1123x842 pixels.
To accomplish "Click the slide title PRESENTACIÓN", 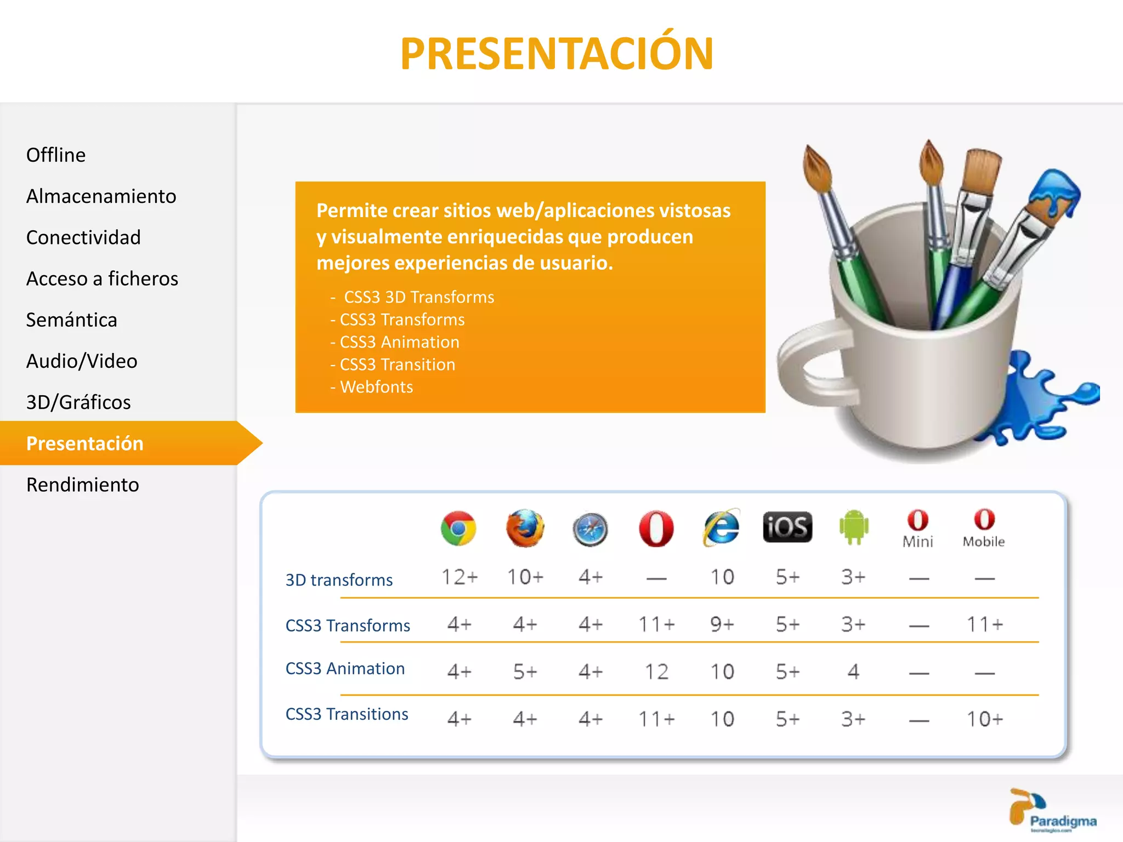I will [x=557, y=54].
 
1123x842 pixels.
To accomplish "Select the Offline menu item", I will [x=56, y=155].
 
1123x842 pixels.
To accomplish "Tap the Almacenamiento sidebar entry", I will [x=101, y=196].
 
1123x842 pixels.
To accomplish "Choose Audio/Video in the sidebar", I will [x=82, y=361].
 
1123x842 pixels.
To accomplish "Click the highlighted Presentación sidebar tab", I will [x=85, y=443].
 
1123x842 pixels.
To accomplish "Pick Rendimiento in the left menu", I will [x=82, y=485].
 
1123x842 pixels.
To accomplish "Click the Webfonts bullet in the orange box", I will [x=376, y=387].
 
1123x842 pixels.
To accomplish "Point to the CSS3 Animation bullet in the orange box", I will [x=399, y=342].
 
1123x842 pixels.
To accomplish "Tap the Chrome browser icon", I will [x=458, y=528].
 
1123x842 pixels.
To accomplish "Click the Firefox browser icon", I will [x=525, y=528].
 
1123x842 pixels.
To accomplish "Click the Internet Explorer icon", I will [x=721, y=528].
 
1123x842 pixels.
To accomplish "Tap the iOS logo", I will [x=787, y=527].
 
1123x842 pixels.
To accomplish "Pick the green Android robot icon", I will [x=854, y=527].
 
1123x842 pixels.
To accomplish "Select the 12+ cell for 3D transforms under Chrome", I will [x=460, y=577].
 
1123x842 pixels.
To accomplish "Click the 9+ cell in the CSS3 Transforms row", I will [x=722, y=624].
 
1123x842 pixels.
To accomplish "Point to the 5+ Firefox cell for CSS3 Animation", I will [x=525, y=672].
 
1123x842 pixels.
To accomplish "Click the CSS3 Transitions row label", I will [x=347, y=714].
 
